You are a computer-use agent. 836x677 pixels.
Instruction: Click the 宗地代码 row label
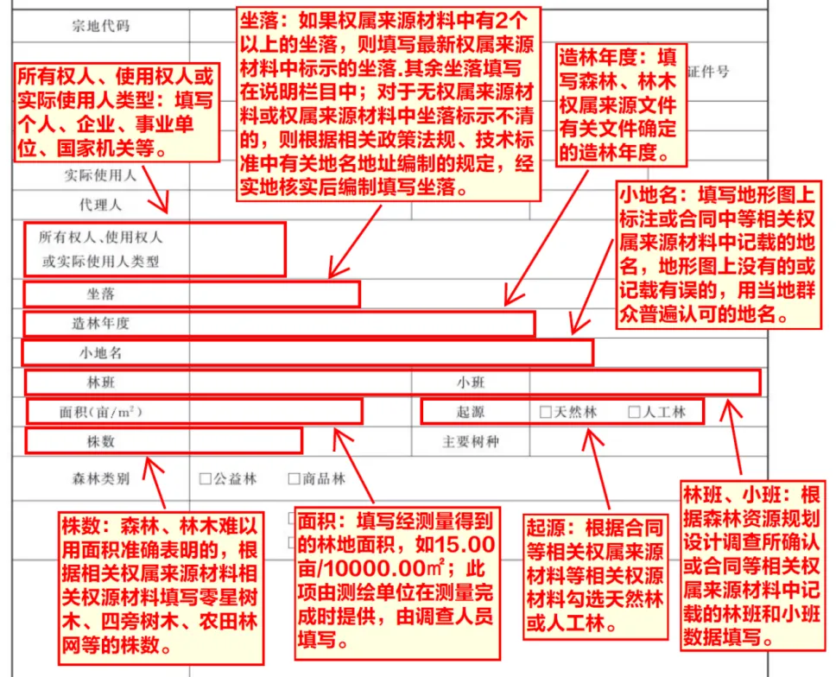pyautogui.click(x=101, y=26)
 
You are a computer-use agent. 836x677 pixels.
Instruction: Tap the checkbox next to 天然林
pyautogui.click(x=545, y=413)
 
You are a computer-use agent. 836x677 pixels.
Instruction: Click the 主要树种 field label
pyautogui.click(x=472, y=442)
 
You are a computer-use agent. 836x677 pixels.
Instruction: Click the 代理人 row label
pyautogui.click(x=101, y=205)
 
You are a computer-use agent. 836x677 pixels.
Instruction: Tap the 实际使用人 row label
pyautogui.click(x=101, y=175)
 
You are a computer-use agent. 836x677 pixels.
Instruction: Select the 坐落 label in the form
pyautogui.click(x=101, y=294)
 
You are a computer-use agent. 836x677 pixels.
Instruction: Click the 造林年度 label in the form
pyautogui.click(x=101, y=324)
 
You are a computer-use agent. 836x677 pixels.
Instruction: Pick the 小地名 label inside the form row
pyautogui.click(x=101, y=352)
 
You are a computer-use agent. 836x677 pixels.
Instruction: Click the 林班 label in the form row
pyautogui.click(x=101, y=382)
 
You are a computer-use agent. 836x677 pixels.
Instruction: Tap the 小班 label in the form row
pyautogui.click(x=472, y=382)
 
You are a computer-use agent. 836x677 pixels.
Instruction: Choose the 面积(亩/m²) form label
pyautogui.click(x=101, y=413)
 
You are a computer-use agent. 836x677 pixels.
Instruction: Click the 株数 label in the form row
pyautogui.click(x=101, y=441)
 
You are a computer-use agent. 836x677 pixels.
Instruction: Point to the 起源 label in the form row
pyautogui.click(x=472, y=413)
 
